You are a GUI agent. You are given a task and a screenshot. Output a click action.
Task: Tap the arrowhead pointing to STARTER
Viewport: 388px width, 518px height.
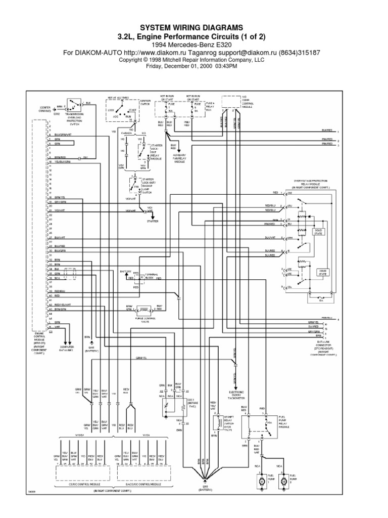[153, 216]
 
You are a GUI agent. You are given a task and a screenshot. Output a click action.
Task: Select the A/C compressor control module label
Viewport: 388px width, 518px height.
[247, 103]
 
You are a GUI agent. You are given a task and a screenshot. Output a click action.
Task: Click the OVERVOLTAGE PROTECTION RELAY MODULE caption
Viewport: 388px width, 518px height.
[309, 185]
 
